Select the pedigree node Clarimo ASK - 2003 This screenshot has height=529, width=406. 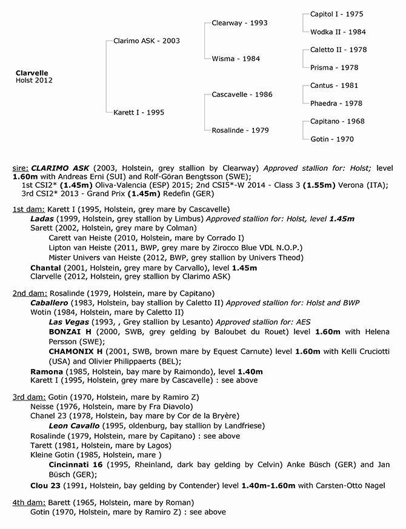pyautogui.click(x=146, y=41)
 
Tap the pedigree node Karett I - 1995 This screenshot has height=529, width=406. pyautogui.click(x=138, y=112)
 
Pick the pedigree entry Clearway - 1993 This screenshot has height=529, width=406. pyautogui.click(x=239, y=23)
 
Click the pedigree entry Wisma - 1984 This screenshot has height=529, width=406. pyautogui.click(x=235, y=59)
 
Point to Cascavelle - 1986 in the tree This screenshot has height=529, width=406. pyautogui.click(x=242, y=95)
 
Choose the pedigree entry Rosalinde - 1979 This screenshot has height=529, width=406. pyautogui.click(x=240, y=130)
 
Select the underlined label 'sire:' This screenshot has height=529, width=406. pyautogui.click(x=21, y=165)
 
